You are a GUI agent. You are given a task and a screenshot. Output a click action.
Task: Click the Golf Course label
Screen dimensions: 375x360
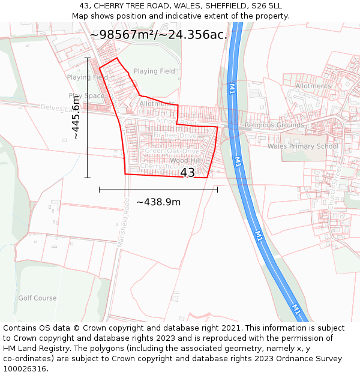point(37,298)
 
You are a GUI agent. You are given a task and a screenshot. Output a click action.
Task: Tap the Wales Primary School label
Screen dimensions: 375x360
point(303,146)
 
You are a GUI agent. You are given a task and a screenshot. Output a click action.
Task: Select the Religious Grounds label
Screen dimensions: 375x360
point(274,125)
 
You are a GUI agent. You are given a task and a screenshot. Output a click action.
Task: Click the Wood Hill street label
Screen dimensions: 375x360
point(185,161)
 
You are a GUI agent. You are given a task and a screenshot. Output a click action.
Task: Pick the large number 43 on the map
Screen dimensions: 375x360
point(187,173)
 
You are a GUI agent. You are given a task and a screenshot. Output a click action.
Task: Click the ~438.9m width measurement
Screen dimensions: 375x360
point(158,202)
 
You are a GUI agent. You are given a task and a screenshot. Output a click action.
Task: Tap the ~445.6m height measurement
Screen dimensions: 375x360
point(76,118)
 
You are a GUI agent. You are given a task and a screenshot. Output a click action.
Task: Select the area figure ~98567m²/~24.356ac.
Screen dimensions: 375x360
point(158,35)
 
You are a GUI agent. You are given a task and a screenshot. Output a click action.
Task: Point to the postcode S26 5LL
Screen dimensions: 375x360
point(264,6)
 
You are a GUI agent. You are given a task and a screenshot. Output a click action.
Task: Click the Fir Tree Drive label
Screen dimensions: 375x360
point(175,136)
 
